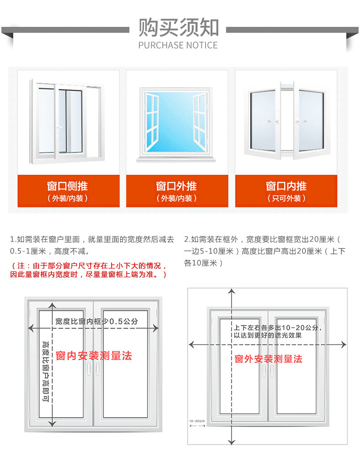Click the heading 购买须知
click(179, 27)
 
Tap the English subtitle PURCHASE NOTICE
click(178, 45)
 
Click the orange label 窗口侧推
click(67, 186)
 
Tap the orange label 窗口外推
click(176, 186)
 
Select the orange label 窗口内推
click(286, 186)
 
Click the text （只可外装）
click(286, 198)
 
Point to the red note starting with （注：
click(89, 270)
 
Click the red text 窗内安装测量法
click(94, 356)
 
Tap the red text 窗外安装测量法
click(268, 359)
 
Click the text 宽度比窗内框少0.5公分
click(97, 321)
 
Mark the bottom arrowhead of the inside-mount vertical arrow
click(52, 423)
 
